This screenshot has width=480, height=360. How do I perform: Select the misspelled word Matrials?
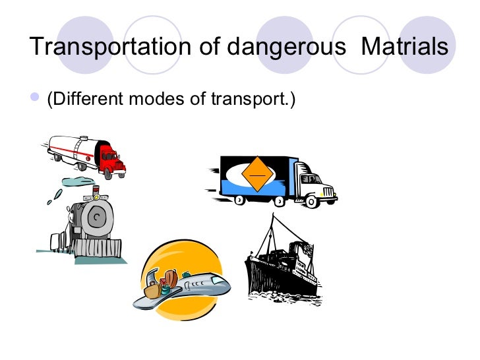click(405, 47)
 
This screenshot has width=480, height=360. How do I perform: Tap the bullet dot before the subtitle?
click(36, 98)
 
